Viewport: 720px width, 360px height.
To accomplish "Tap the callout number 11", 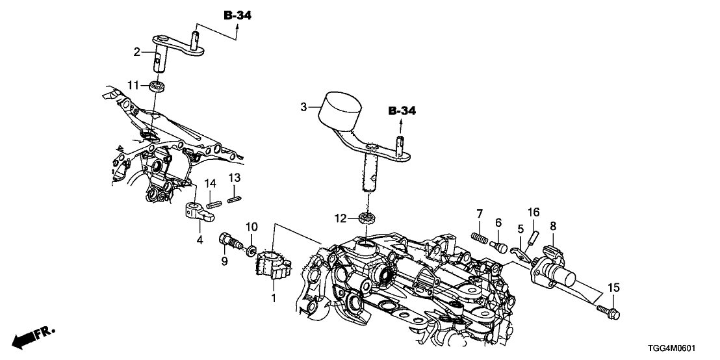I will click(x=133, y=85).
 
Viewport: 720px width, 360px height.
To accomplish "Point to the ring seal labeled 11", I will click(x=156, y=86).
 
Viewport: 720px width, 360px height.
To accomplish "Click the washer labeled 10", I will click(x=251, y=250).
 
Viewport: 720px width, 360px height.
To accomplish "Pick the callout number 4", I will click(x=200, y=240).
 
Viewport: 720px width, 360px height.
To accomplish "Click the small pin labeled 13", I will click(x=236, y=199).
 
